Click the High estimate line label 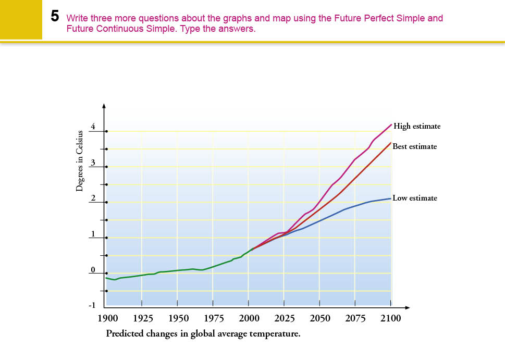tap(417, 126)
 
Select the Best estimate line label tap(414, 146)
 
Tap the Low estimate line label tap(414, 198)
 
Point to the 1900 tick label tap(107, 318)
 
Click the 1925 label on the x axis tap(142, 318)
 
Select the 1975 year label tap(213, 318)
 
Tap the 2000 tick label tap(249, 318)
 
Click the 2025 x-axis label tap(284, 318)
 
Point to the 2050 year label tap(320, 318)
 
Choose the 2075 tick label tap(355, 318)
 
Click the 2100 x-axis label tap(390, 318)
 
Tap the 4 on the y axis tap(93, 126)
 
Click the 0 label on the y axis tap(93, 269)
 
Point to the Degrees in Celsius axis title tap(79, 162)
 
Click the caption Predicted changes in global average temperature tap(203, 333)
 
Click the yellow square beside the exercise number tap(21, 19)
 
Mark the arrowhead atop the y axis tap(104, 106)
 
